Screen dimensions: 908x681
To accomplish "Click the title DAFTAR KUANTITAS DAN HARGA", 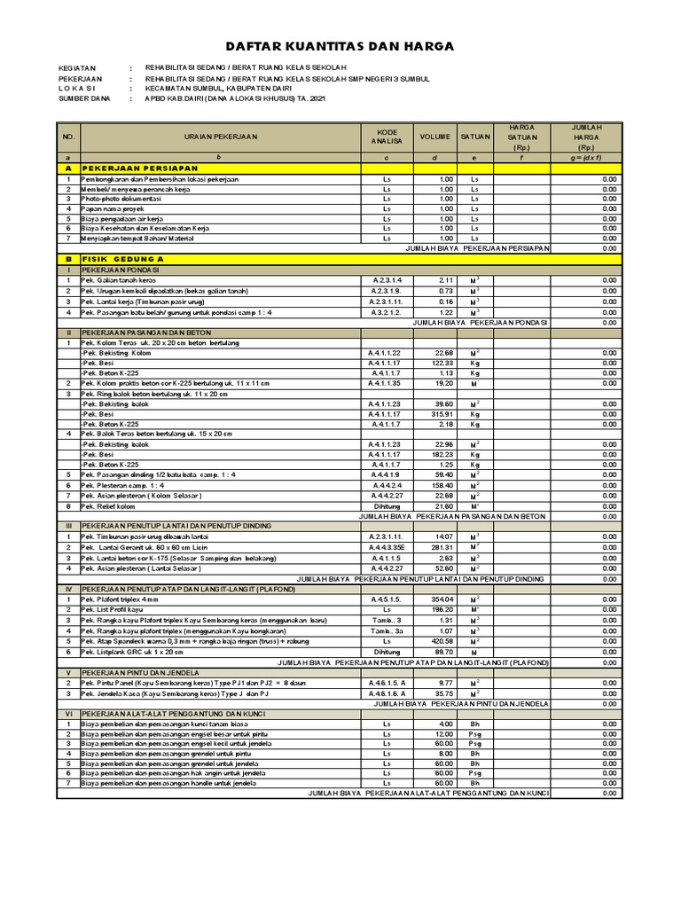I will [340, 46].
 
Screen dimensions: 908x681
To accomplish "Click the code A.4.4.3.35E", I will [387, 547].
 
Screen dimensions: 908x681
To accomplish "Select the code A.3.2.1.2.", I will [387, 312].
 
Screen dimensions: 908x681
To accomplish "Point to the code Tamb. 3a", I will [387, 630].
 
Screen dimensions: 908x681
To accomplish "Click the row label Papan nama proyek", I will [112, 208].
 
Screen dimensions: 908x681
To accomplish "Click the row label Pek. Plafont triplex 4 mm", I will [121, 599].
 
